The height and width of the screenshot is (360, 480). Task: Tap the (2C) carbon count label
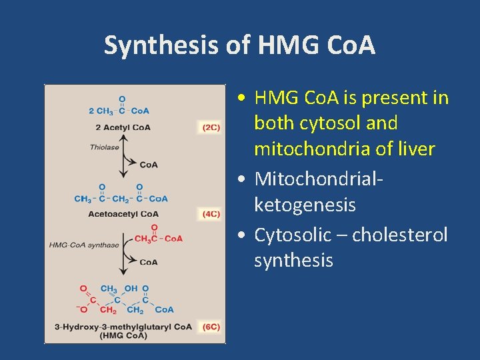pyautogui.click(x=211, y=127)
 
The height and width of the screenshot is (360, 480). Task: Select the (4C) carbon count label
pyautogui.click(x=211, y=214)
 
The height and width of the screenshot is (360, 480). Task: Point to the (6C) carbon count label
pyautogui.click(x=211, y=327)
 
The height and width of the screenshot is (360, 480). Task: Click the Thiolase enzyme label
pyautogui.click(x=104, y=147)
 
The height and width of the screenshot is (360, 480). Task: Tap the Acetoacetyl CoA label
pyautogui.click(x=123, y=214)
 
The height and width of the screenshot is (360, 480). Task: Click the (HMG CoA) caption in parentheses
pyautogui.click(x=123, y=335)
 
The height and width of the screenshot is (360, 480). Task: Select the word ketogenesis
pyautogui.click(x=305, y=205)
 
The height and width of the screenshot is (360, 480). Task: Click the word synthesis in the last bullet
pyautogui.click(x=293, y=260)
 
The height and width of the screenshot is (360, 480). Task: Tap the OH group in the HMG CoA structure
pyautogui.click(x=131, y=289)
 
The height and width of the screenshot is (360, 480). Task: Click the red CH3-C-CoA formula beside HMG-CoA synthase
pyautogui.click(x=159, y=239)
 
